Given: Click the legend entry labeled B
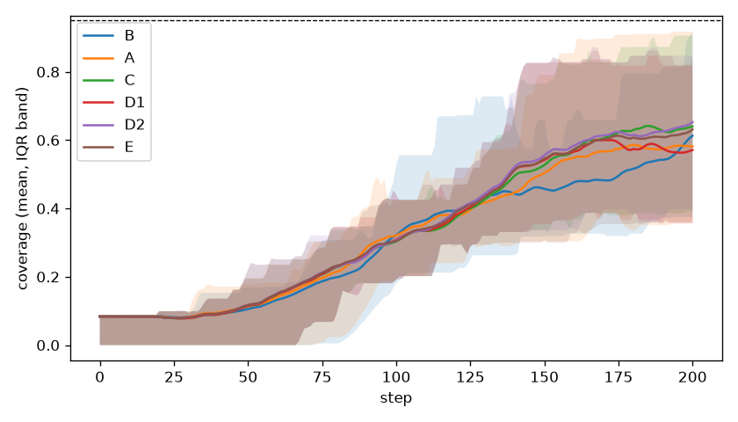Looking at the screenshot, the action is (109, 36).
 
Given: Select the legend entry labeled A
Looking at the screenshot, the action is (109, 58).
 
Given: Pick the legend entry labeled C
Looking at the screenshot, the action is (109, 80).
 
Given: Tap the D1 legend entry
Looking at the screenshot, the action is (113, 102).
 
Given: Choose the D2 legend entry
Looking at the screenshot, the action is (113, 125).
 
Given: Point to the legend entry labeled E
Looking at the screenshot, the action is (108, 147).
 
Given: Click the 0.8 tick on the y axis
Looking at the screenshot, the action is (47, 72).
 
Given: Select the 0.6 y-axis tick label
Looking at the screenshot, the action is (47, 141).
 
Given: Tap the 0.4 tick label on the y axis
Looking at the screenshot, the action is (47, 209).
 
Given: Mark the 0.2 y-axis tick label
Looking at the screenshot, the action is (47, 278).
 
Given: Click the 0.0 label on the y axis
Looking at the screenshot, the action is (47, 346).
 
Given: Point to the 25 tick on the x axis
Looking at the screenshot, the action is (174, 377).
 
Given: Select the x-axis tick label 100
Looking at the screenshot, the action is (396, 377).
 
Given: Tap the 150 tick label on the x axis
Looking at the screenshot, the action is (545, 377).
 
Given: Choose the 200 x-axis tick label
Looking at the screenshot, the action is (693, 377).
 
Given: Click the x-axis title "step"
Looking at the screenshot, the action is (396, 398).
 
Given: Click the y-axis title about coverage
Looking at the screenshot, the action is (23, 188).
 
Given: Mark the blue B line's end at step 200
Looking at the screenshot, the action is (693, 135).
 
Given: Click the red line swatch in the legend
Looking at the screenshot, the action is (98, 102).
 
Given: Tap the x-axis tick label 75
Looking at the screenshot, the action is (322, 377).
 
